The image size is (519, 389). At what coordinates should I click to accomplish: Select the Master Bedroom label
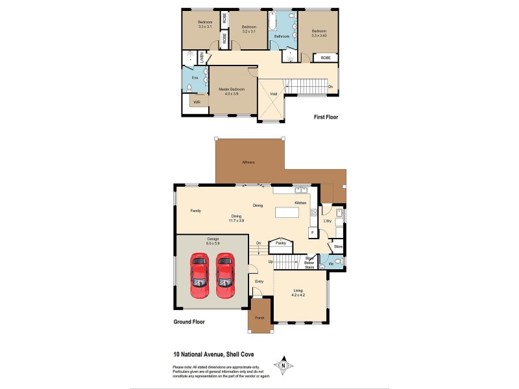click(x=231, y=91)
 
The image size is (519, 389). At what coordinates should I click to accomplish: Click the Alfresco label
click(x=247, y=161)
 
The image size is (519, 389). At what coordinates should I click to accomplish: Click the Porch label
click(x=259, y=318)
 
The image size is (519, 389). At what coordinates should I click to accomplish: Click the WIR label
click(x=197, y=102)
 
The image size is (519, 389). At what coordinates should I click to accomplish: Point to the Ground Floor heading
click(x=189, y=322)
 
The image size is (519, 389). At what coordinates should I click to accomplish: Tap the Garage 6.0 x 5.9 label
click(x=212, y=241)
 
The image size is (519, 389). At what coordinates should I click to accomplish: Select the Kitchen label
click(x=300, y=204)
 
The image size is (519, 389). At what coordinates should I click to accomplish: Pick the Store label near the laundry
click(x=338, y=247)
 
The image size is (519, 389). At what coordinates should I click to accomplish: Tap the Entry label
click(x=259, y=281)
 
